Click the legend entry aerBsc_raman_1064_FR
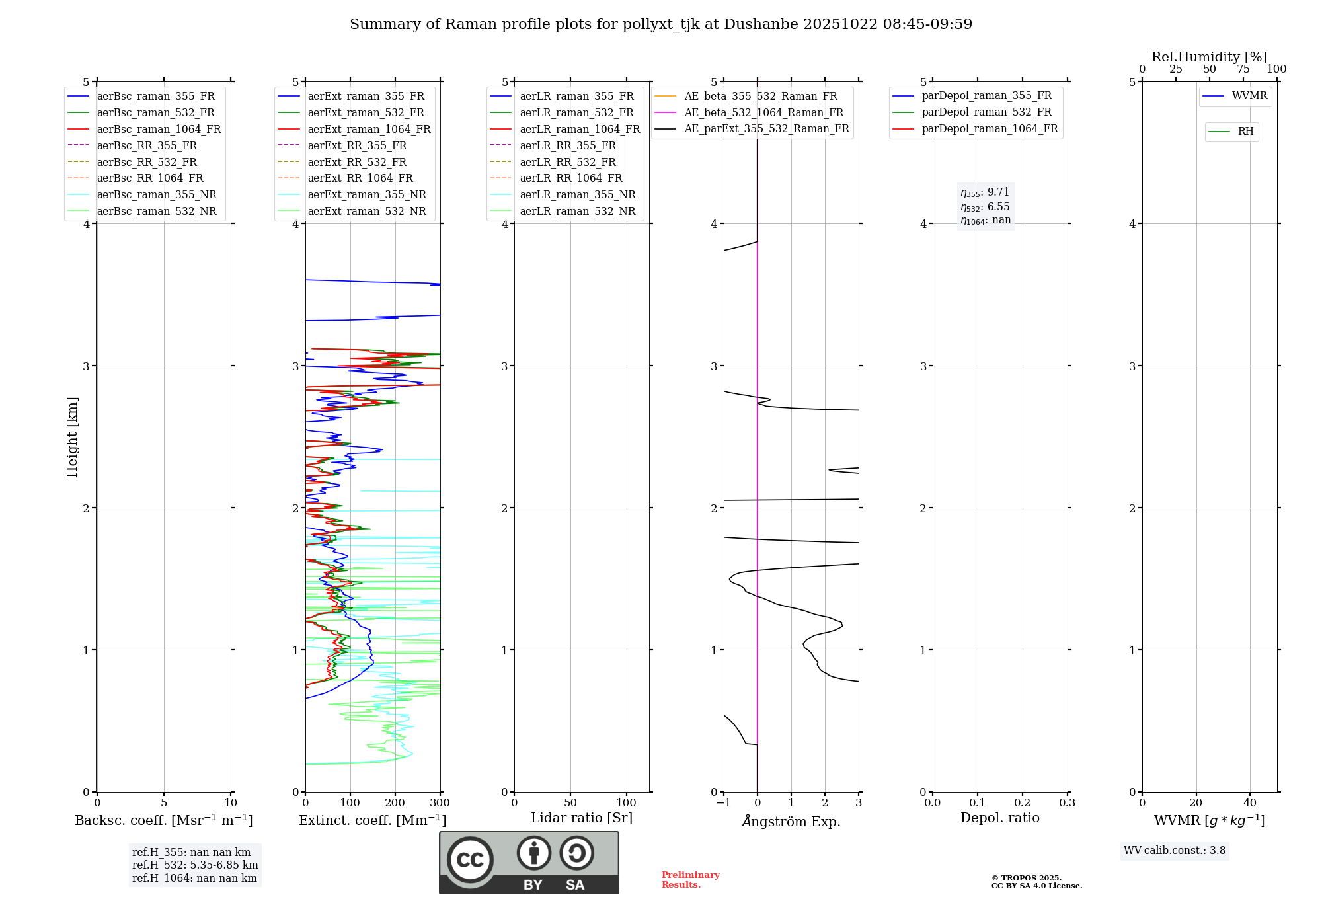point(159,129)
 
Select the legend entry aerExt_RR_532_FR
point(357,162)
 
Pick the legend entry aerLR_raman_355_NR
point(577,194)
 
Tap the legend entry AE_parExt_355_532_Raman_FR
point(766,128)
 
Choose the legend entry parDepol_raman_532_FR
point(986,112)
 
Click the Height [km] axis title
point(72,437)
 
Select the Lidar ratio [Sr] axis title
point(581,818)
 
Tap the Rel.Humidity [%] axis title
point(1209,57)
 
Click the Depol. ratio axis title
point(999,818)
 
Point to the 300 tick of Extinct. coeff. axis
point(440,803)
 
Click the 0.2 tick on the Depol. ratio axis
point(1022,803)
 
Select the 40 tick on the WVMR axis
point(1249,803)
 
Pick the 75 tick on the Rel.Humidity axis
point(1243,69)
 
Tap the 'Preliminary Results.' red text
point(690,880)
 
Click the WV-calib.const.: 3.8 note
point(1174,851)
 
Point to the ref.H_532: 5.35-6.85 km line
point(195,865)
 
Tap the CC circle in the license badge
point(470,860)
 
